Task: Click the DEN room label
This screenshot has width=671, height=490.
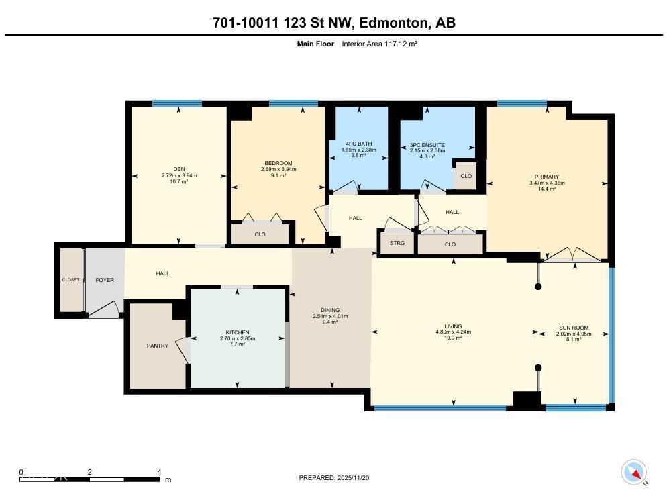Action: pyautogui.click(x=178, y=169)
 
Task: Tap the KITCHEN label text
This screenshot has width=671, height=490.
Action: pyautogui.click(x=238, y=332)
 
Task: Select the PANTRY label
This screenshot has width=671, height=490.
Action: pyautogui.click(x=158, y=346)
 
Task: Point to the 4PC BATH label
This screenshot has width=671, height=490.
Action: pyautogui.click(x=359, y=144)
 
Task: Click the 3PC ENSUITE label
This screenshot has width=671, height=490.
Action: pyautogui.click(x=427, y=144)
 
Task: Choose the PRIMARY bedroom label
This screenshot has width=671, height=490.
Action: pyautogui.click(x=547, y=177)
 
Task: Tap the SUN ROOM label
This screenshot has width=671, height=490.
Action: pyautogui.click(x=574, y=328)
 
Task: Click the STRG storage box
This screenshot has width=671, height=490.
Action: pyautogui.click(x=397, y=243)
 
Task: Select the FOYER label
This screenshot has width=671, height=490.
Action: pyautogui.click(x=105, y=279)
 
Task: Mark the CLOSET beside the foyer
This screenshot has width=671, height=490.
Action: pyautogui.click(x=70, y=280)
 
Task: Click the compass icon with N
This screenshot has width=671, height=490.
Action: pyautogui.click(x=633, y=472)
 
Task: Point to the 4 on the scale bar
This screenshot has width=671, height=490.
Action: pyautogui.click(x=159, y=472)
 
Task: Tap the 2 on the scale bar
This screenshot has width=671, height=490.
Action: pyautogui.click(x=90, y=472)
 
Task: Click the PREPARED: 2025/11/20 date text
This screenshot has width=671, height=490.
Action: pyautogui.click(x=334, y=477)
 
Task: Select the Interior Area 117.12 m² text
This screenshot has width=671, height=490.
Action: pyautogui.click(x=380, y=44)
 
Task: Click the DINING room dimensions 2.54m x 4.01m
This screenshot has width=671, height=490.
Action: pyautogui.click(x=330, y=316)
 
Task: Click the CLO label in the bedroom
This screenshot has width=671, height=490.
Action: pyautogui.click(x=260, y=234)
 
